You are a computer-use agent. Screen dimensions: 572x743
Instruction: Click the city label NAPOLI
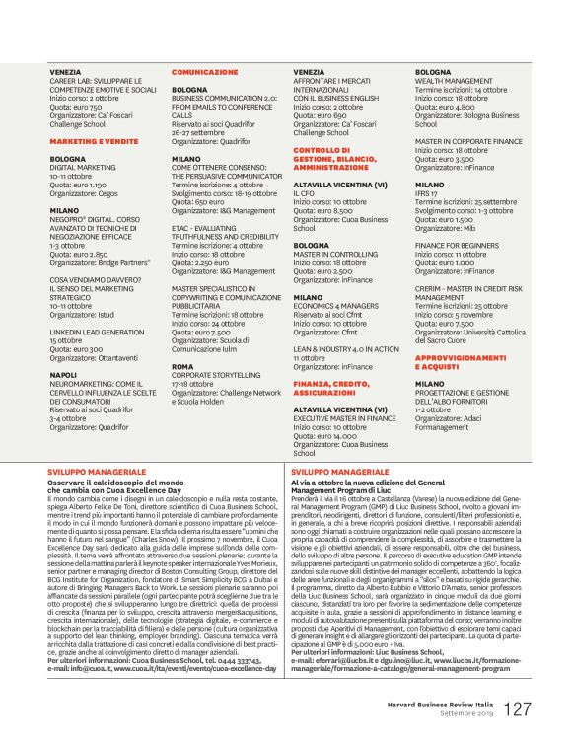pyautogui.click(x=63, y=375)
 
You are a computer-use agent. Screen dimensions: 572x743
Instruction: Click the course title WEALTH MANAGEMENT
pyautogui.click(x=454, y=81)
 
